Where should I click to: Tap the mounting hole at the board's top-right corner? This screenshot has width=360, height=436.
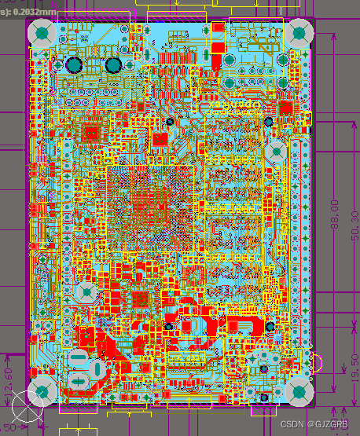299,33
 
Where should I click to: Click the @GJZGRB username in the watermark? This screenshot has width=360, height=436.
329,423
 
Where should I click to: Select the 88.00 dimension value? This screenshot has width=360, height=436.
335,214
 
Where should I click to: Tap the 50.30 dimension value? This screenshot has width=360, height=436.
354,228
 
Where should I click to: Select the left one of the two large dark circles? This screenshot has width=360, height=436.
75,65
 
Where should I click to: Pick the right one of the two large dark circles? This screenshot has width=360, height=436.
113,65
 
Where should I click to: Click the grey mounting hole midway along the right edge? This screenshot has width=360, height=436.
276,151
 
